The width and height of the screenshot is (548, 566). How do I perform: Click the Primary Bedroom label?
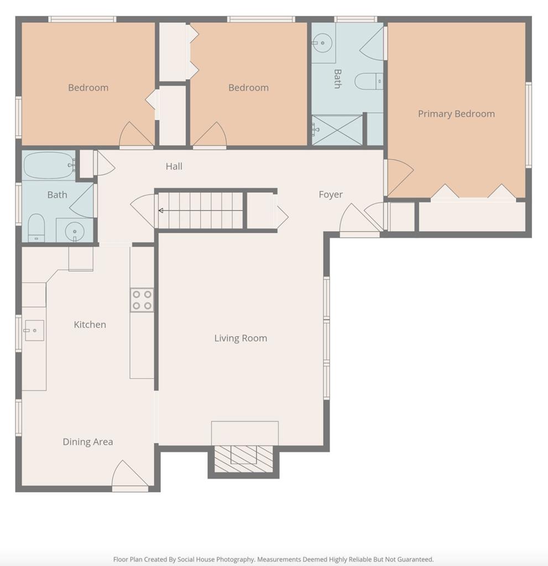coord(456,114)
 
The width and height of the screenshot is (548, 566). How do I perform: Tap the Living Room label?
coord(241,338)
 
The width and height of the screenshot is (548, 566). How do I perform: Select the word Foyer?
coord(331,195)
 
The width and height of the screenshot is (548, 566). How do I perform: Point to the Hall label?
coord(174,166)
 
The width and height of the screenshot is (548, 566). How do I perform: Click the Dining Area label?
coord(88,442)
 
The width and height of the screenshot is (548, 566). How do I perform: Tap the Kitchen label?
coord(90,324)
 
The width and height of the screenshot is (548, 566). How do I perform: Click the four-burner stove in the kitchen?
coord(142,300)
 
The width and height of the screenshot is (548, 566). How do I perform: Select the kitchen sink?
coord(34,331)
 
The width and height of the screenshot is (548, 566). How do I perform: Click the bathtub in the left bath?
coord(49,165)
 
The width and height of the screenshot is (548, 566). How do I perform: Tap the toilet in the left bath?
coord(36,228)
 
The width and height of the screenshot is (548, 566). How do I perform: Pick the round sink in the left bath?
coord(75,232)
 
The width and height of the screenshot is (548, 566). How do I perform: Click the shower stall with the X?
coord(337,130)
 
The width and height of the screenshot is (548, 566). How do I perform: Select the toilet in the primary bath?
coord(368,81)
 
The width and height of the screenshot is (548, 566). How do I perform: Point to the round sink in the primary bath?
coord(322,43)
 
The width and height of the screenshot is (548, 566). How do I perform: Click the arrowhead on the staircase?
coord(161,211)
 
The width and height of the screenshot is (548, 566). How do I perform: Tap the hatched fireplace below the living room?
coord(243,459)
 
